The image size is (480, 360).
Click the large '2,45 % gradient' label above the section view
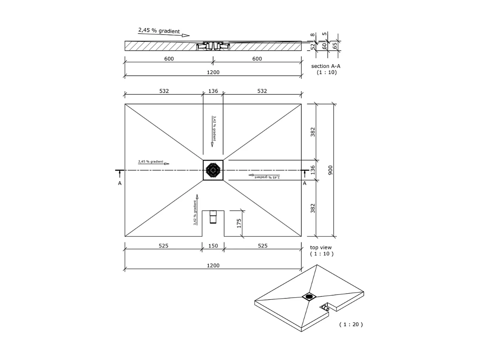coord(159,31)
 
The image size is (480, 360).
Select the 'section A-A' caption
coord(326,66)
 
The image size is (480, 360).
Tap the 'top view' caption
coord(321,247)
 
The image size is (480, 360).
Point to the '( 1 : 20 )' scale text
coord(351,324)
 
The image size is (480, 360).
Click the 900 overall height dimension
coord(330,170)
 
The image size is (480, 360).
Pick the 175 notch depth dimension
coord(239,223)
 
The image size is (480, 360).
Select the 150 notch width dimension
coord(213,246)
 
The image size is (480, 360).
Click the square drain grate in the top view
coord(213,170)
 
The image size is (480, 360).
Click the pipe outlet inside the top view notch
coord(213,217)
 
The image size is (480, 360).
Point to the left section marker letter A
coord(120,183)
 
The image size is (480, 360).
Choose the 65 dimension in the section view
coord(335,46)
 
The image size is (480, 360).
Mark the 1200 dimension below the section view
coord(213,72)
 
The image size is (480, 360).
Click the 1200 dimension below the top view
coord(213,265)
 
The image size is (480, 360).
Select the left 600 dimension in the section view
coord(169,59)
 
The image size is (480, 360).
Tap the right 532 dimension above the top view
coord(262,91)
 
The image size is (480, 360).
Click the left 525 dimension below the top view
coord(163,246)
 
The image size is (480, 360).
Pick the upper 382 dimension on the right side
coord(313,132)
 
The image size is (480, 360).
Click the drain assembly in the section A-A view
coord(213,46)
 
